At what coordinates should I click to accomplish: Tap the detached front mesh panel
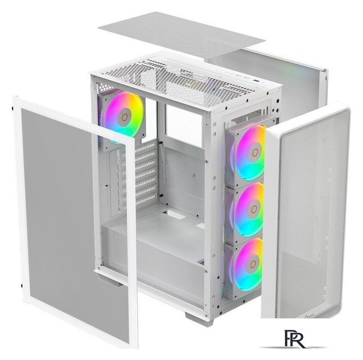click(309, 214)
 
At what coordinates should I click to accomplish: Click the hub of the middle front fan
click(254, 209)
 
